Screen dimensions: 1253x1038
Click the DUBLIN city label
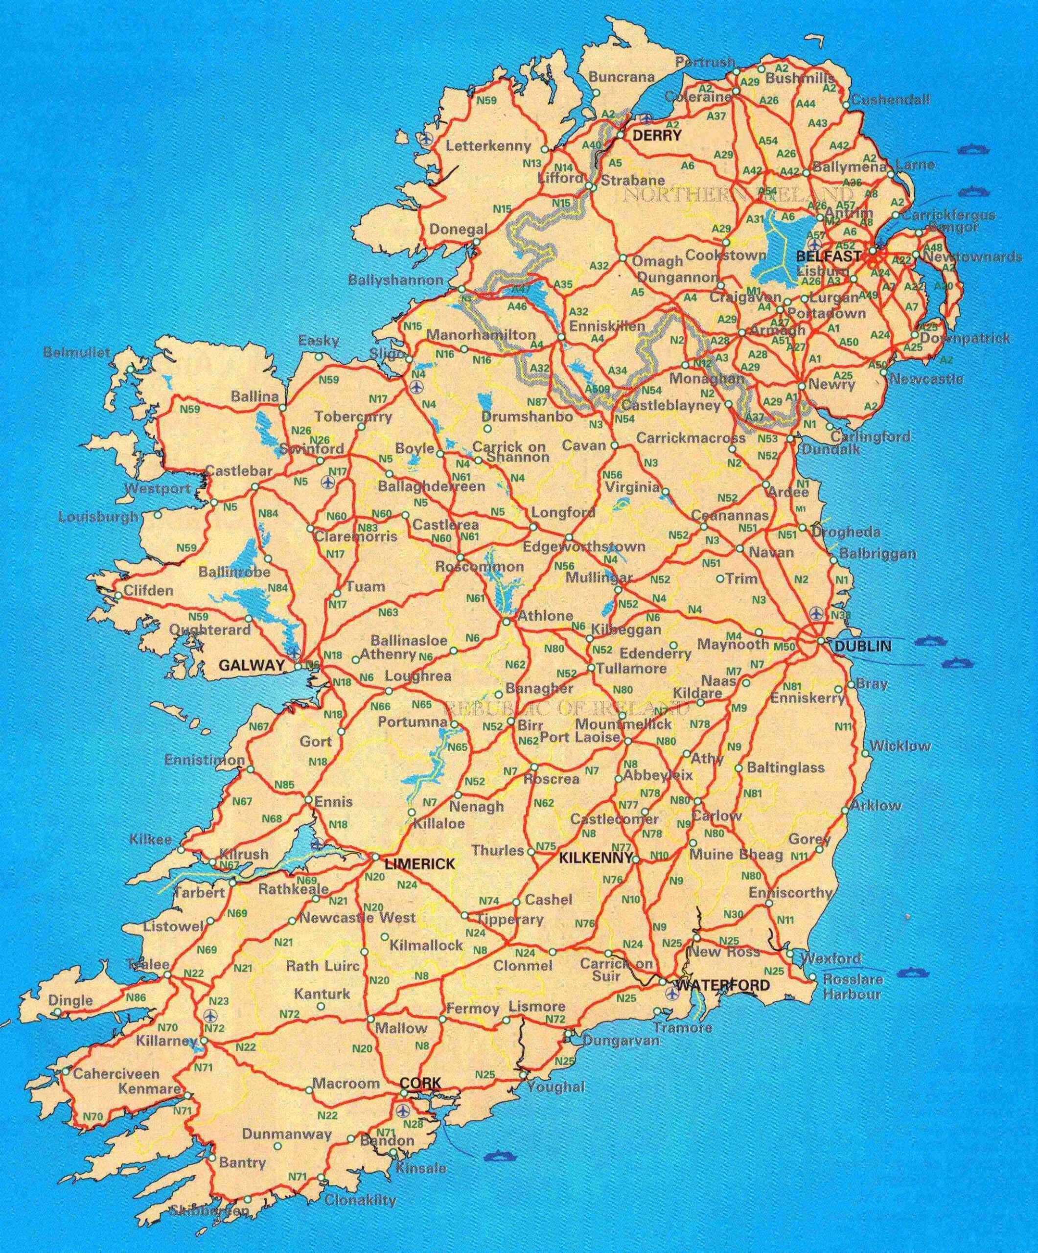click(863, 646)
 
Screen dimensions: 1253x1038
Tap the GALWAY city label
click(250, 666)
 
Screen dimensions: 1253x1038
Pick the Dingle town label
click(70, 1000)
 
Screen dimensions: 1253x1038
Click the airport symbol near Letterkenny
click(425, 139)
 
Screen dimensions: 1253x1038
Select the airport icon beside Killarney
click(209, 1015)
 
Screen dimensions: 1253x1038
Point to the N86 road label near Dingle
click(136, 997)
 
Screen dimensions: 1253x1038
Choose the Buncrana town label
click(621, 77)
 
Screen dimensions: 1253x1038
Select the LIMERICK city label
click(420, 863)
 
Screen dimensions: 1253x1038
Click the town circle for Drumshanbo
click(487, 428)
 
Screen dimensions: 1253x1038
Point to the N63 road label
click(388, 612)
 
